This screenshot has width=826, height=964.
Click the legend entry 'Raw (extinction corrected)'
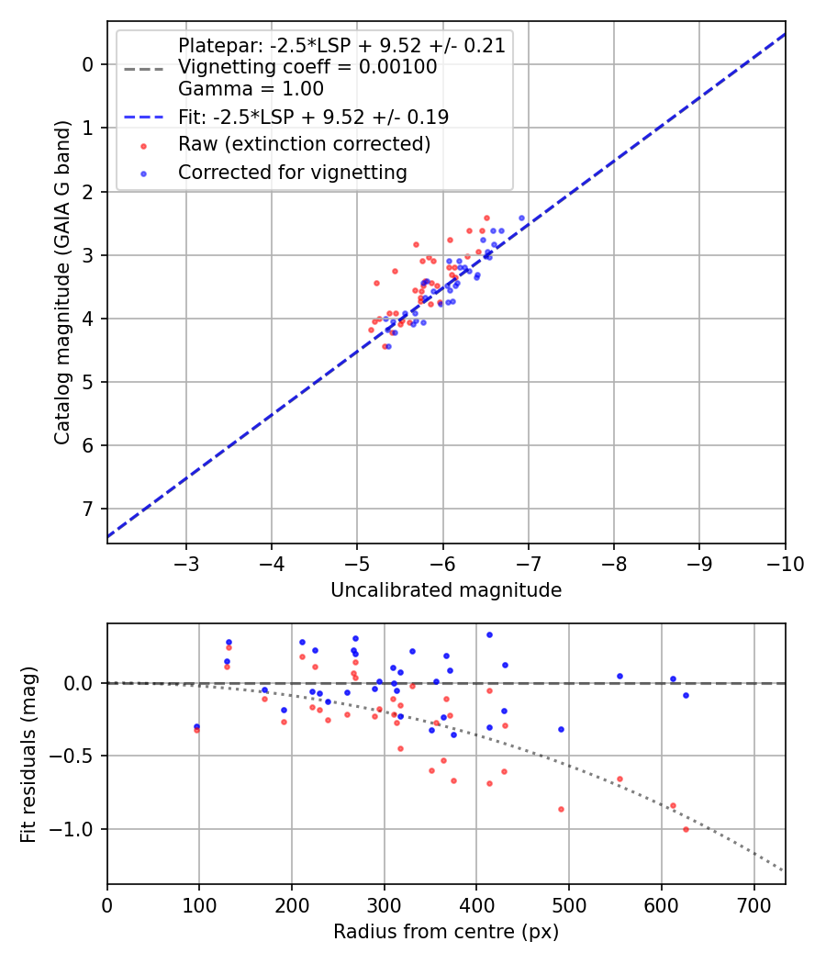[304, 144]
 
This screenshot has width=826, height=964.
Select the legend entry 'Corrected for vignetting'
[292, 173]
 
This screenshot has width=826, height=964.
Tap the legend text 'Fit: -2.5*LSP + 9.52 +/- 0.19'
[313, 117]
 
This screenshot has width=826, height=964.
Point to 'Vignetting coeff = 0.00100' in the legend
[307, 67]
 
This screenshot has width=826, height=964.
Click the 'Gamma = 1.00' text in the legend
[251, 89]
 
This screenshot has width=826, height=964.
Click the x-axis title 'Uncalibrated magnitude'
[446, 590]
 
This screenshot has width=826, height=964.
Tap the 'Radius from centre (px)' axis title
[446, 932]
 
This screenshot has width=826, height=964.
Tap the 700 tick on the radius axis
[753, 904]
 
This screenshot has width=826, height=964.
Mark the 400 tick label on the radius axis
[476, 904]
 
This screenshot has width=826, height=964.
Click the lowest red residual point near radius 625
[686, 829]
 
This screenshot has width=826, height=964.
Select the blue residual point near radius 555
[619, 676]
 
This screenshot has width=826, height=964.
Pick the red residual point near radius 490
[561, 809]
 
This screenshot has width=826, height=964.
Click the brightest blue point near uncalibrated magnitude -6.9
[521, 219]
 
